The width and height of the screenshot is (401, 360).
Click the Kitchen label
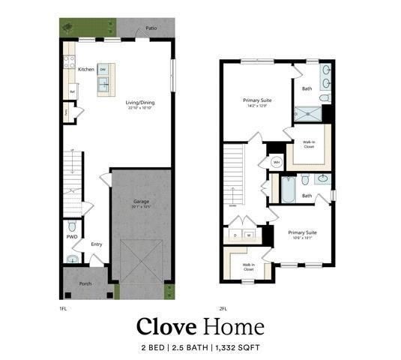coord(86,70)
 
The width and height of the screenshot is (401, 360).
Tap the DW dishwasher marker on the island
coord(102,70)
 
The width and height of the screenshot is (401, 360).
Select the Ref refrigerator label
coord(73,92)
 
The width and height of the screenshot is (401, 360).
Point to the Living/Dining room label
coord(140,102)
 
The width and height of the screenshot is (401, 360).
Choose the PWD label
coord(72,237)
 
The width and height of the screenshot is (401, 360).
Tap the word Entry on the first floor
coord(97,244)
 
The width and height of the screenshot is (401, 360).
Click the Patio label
coord(152,30)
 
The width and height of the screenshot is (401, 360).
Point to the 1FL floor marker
coord(64,307)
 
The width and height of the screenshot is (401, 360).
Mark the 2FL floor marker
coord(223,307)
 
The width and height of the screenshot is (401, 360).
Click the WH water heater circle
coord(275,162)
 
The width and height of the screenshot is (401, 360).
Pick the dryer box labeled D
coord(236,235)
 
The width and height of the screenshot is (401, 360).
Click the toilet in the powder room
coord(72,226)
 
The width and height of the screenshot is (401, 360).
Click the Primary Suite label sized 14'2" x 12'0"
coord(256,100)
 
